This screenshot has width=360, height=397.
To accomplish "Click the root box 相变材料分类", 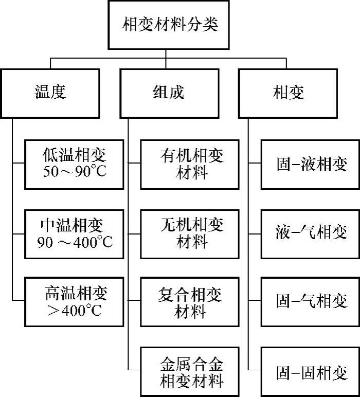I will point(170,24).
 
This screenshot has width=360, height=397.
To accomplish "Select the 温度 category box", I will point(50,92).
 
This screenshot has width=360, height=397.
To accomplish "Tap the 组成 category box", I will point(169,92).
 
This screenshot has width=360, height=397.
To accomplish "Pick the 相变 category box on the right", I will point(289,92).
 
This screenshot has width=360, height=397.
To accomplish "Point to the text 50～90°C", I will point(75,171).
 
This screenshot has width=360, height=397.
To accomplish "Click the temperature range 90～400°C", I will point(75,242).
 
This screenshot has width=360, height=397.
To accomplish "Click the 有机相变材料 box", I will point(191,164).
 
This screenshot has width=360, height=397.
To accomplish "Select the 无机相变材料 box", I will point(191,233).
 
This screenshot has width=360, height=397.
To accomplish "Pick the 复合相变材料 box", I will point(191,302).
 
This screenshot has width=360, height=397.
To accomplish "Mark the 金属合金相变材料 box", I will point(191,372).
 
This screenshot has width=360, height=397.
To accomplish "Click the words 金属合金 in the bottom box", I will point(191,364).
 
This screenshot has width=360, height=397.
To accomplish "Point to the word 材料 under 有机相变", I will point(191,172).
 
